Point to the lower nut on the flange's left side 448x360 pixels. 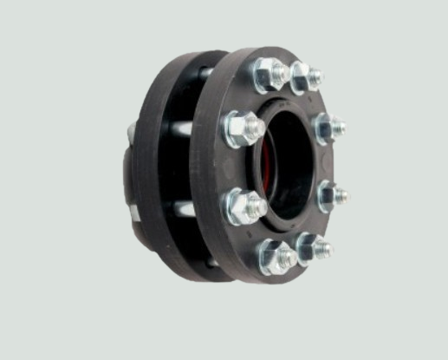(x=243, y=206)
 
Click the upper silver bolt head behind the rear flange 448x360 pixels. (x=132, y=130)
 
